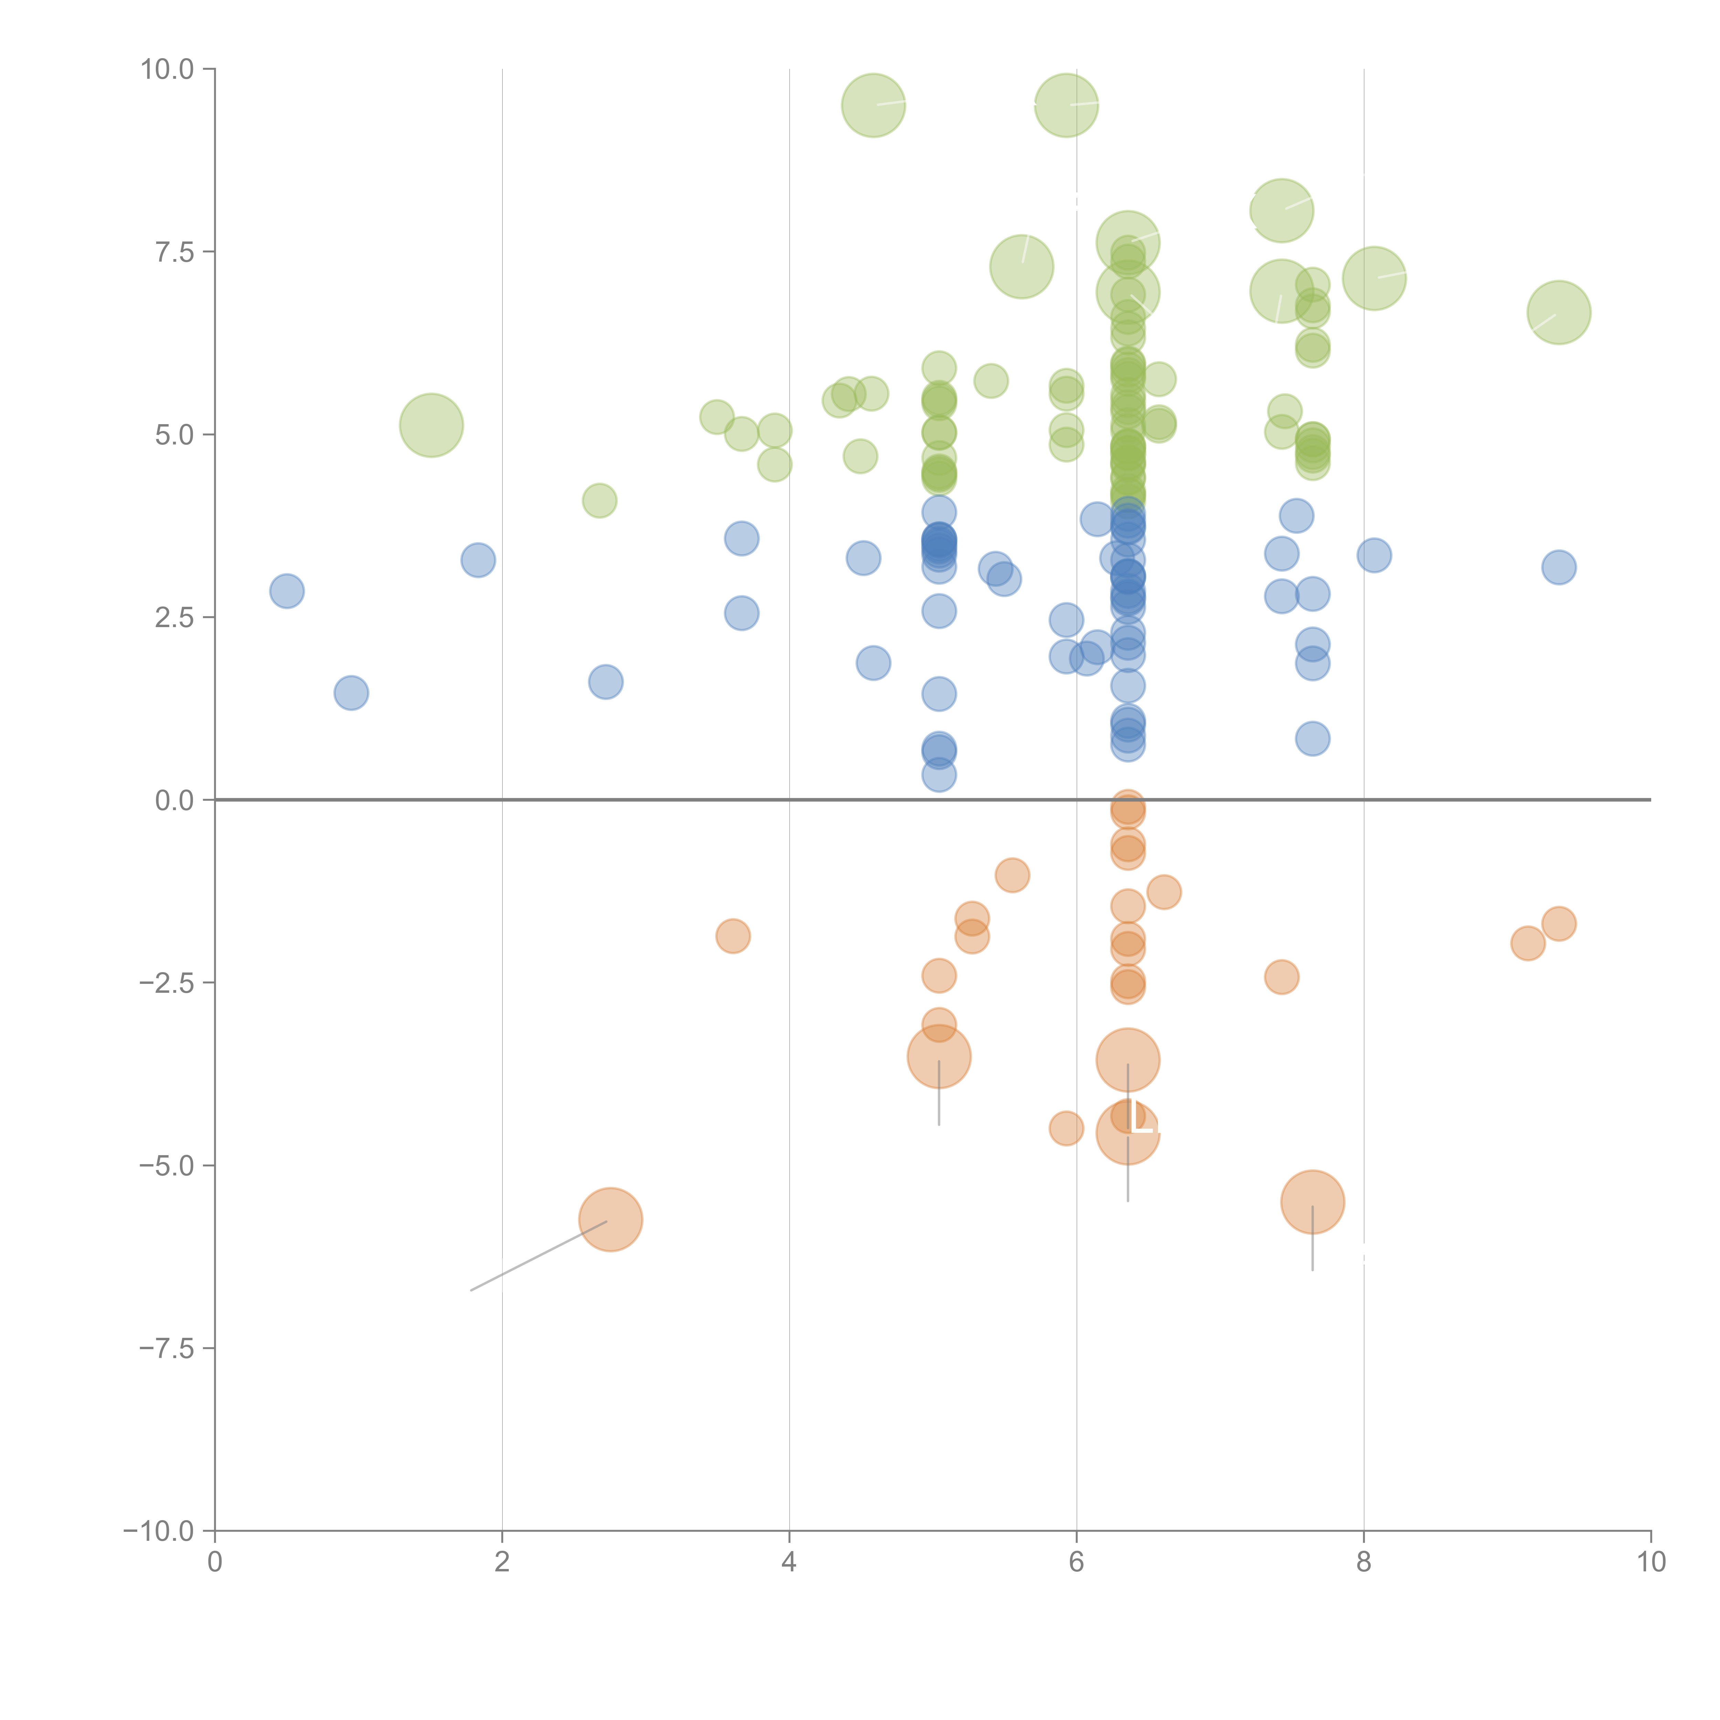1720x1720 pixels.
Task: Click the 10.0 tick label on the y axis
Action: point(168,69)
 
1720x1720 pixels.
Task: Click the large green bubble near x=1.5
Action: point(431,424)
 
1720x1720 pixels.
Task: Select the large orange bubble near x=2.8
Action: point(611,1220)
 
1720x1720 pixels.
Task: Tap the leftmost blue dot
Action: point(287,590)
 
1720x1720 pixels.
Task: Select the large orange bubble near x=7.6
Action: point(1312,1202)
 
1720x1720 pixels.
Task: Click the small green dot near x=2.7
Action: point(599,500)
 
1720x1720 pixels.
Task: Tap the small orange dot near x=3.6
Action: point(733,936)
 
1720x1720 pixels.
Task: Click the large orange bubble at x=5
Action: point(939,1057)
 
